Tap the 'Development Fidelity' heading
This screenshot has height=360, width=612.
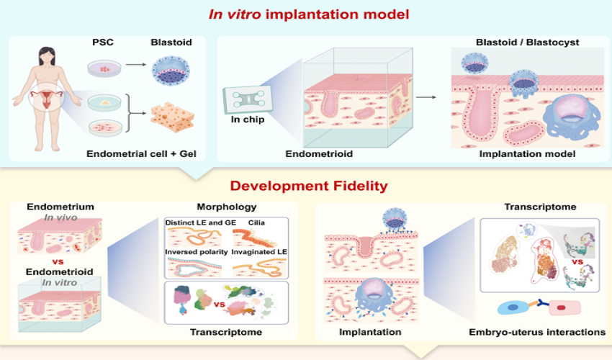click(x=305, y=186)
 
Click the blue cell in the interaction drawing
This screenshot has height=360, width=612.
click(x=513, y=307)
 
